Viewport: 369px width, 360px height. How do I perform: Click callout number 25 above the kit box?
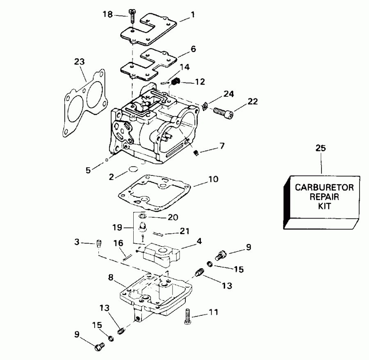coord(321,148)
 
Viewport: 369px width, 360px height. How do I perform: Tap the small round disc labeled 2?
coord(133,169)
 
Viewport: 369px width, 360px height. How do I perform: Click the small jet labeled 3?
coord(98,244)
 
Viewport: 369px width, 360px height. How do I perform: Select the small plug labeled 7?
coord(196,153)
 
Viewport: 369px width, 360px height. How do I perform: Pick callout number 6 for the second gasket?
coord(193,49)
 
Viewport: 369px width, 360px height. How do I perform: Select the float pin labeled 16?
coord(127,257)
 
